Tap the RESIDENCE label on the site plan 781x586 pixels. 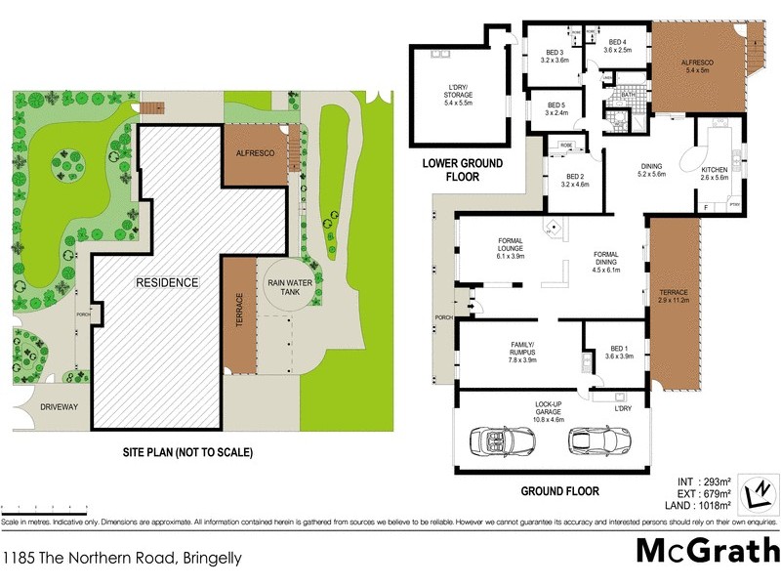pyautogui.click(x=166, y=282)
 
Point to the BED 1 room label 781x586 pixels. pyautogui.click(x=619, y=353)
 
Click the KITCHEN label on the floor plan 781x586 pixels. pyautogui.click(x=715, y=173)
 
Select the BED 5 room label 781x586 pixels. pyautogui.click(x=555, y=108)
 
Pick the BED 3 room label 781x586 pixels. pyautogui.click(x=555, y=56)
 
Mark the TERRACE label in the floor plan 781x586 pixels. pyautogui.click(x=674, y=296)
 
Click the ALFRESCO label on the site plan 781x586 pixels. pyautogui.click(x=255, y=154)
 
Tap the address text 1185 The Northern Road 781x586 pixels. pyautogui.click(x=121, y=559)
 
